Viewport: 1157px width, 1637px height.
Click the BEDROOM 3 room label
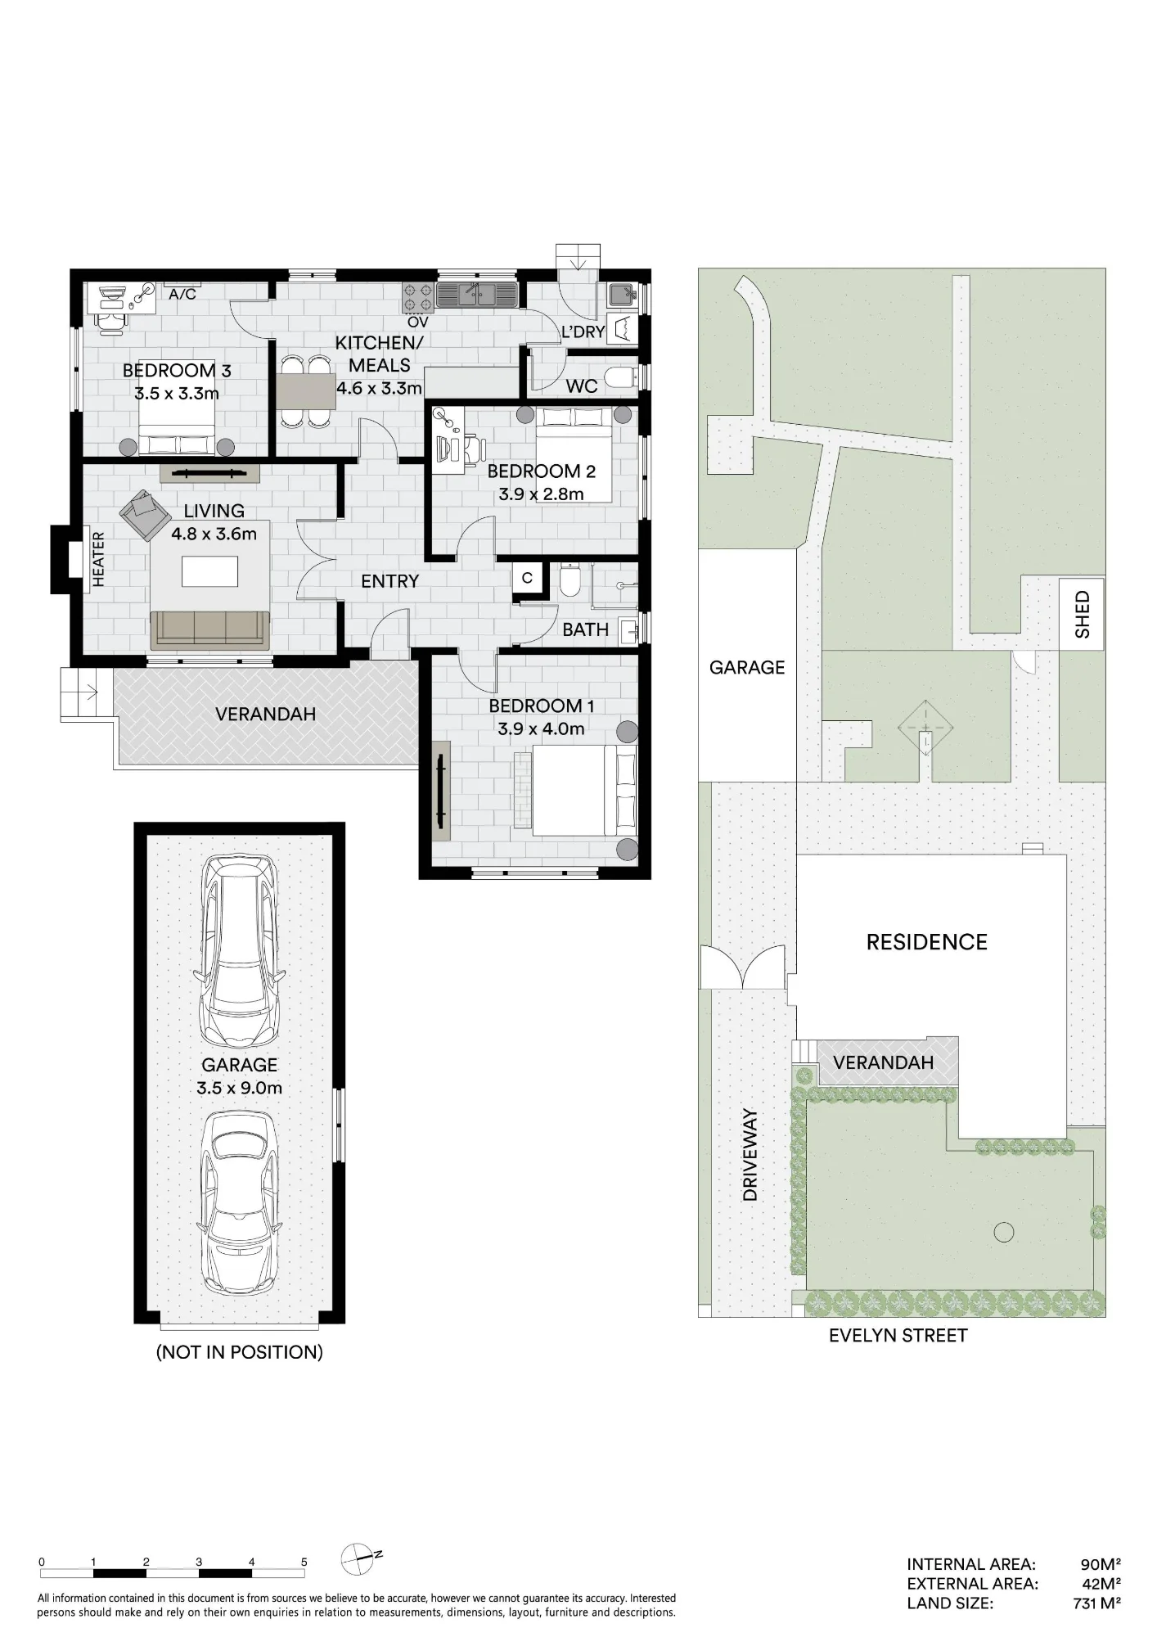[177, 371]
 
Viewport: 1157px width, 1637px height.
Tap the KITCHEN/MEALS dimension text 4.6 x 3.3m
[379, 388]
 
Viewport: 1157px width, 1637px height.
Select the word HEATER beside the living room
[99, 559]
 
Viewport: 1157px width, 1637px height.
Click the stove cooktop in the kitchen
[417, 297]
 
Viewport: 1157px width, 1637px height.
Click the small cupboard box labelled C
[527, 578]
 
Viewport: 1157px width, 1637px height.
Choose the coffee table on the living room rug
[210, 571]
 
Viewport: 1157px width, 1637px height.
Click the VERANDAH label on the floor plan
[265, 715]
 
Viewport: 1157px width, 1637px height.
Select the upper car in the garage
[239, 949]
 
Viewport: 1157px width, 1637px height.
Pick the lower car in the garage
[239, 1203]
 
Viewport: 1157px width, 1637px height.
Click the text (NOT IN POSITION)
[240, 1352]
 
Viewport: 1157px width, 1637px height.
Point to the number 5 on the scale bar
[304, 1562]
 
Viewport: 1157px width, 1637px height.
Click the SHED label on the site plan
[1082, 615]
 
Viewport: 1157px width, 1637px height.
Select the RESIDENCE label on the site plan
[927, 942]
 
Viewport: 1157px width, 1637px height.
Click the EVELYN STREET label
[898, 1336]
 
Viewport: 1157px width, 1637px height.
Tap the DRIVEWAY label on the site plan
[750, 1155]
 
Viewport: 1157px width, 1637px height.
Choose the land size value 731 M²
[1096, 1603]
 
